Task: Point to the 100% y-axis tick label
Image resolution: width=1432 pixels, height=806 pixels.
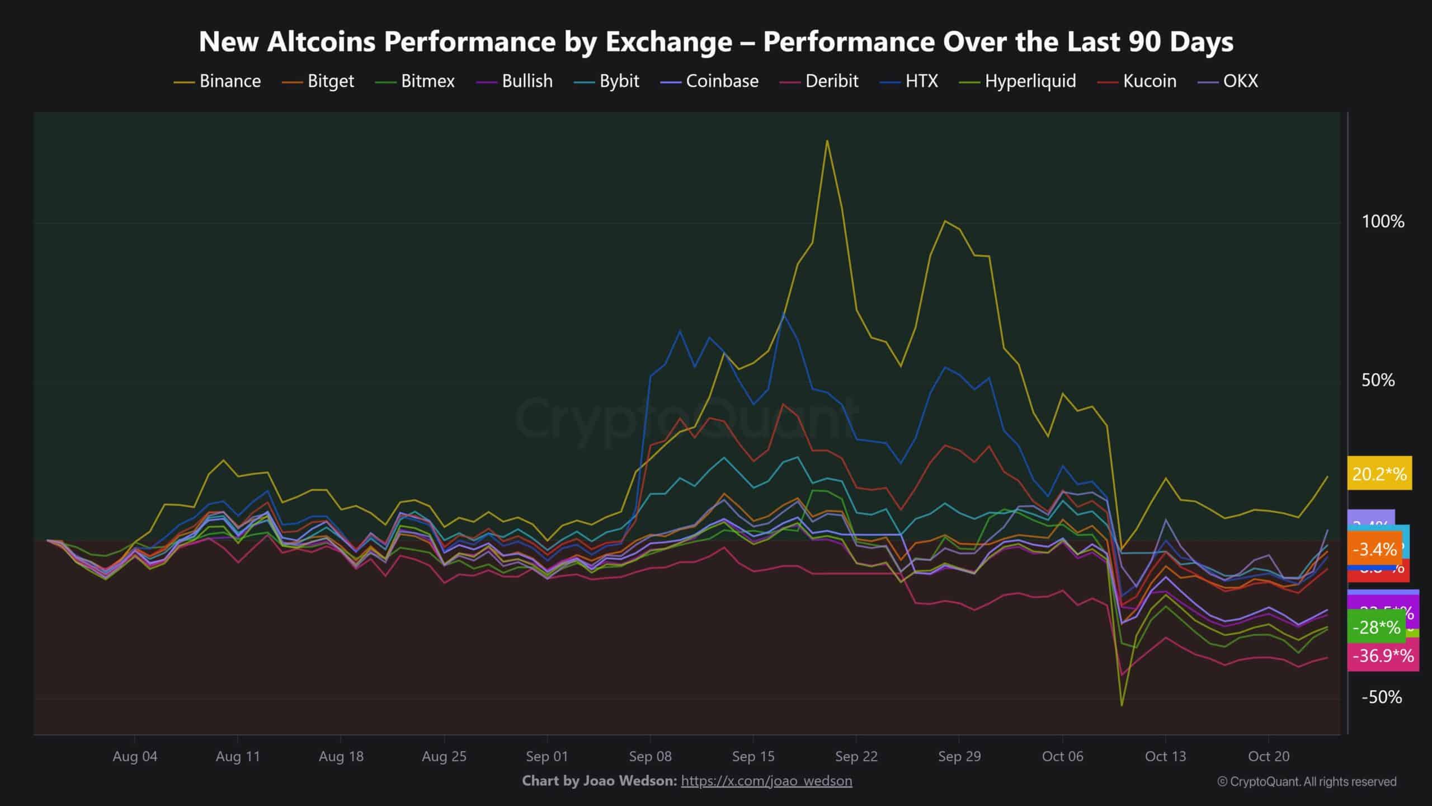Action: (x=1383, y=222)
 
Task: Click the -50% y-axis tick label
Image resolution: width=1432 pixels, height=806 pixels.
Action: (x=1381, y=697)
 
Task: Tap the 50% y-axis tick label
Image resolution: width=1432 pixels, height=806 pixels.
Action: (x=1378, y=381)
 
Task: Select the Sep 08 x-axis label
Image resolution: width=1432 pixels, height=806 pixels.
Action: (x=650, y=757)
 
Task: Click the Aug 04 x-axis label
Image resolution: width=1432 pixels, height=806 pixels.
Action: (x=135, y=757)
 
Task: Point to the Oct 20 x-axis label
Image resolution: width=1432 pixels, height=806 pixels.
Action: (x=1269, y=757)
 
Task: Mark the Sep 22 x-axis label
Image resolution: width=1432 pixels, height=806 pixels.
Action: (x=856, y=757)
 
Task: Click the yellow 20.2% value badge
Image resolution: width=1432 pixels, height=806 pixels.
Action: (x=1379, y=474)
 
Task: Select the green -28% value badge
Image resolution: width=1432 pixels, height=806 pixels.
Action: (x=1376, y=627)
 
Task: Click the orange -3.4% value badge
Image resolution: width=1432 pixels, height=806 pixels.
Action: (x=1374, y=550)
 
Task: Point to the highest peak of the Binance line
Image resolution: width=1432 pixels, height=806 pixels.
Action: (x=827, y=140)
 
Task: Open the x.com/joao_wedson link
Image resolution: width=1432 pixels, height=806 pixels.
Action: (x=766, y=781)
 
